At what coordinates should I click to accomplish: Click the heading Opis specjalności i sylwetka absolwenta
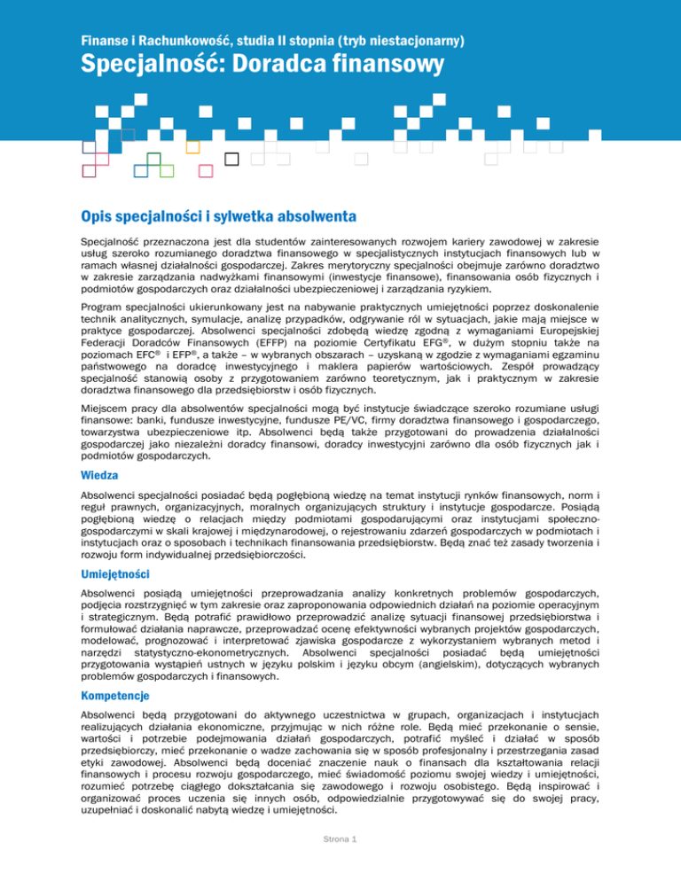pyautogui.click(x=218, y=216)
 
